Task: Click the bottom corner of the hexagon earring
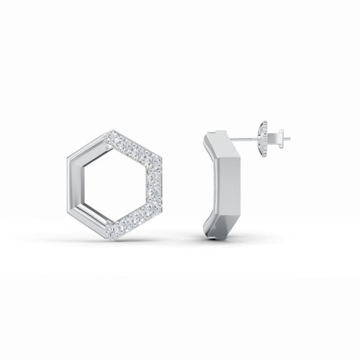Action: (x=112, y=238)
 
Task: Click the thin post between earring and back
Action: (x=246, y=139)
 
